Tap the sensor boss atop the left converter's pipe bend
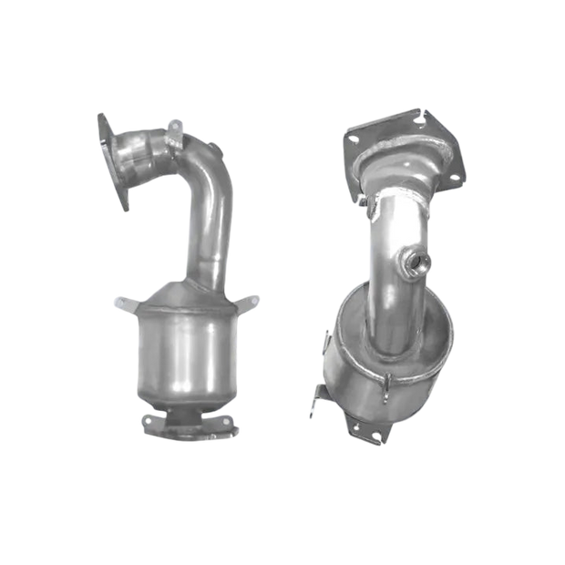[x=176, y=128]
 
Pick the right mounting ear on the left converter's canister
[x=243, y=302]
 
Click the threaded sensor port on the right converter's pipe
[x=417, y=264]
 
